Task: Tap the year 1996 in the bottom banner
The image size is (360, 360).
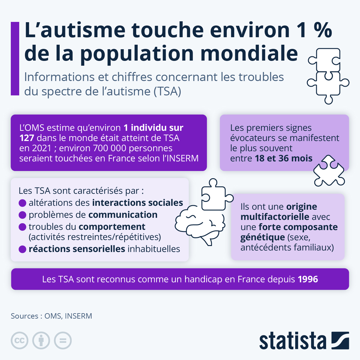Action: tap(308, 279)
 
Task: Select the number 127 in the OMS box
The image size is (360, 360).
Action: tap(27, 138)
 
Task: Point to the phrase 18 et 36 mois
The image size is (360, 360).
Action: tap(283, 158)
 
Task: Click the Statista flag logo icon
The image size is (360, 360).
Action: tap(340, 340)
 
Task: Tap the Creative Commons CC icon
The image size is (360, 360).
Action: tap(19, 340)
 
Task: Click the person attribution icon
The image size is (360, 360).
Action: tap(41, 340)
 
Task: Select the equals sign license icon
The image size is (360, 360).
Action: tap(63, 340)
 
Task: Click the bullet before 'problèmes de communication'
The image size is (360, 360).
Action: tap(22, 215)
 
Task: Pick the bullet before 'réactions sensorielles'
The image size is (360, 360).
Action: tap(22, 249)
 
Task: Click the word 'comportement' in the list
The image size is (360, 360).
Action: tap(112, 227)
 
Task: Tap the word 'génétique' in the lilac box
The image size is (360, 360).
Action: tap(262, 237)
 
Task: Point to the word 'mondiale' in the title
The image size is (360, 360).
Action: tap(249, 53)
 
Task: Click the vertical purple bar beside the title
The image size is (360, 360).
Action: tap(15, 58)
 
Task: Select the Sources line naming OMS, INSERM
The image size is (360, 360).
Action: tap(51, 316)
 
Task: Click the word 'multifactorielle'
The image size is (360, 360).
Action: tap(274, 217)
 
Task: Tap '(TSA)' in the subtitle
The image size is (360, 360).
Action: tap(167, 91)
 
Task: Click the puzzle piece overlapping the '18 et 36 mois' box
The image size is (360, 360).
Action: tap(328, 171)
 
